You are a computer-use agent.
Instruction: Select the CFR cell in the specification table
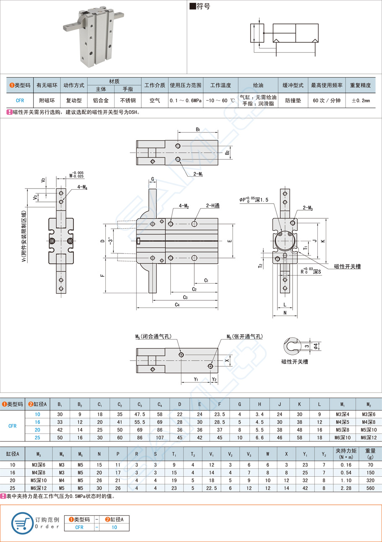20,101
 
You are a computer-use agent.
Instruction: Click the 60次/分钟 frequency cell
326,101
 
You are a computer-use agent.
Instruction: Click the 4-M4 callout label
82,187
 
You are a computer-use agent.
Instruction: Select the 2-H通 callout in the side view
212,206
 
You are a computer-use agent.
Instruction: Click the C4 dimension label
177,305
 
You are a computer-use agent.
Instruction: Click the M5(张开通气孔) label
244,336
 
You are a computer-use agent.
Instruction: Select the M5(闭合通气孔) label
153,336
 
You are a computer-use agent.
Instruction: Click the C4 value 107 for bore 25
160,437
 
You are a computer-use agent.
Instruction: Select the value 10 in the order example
115,527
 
